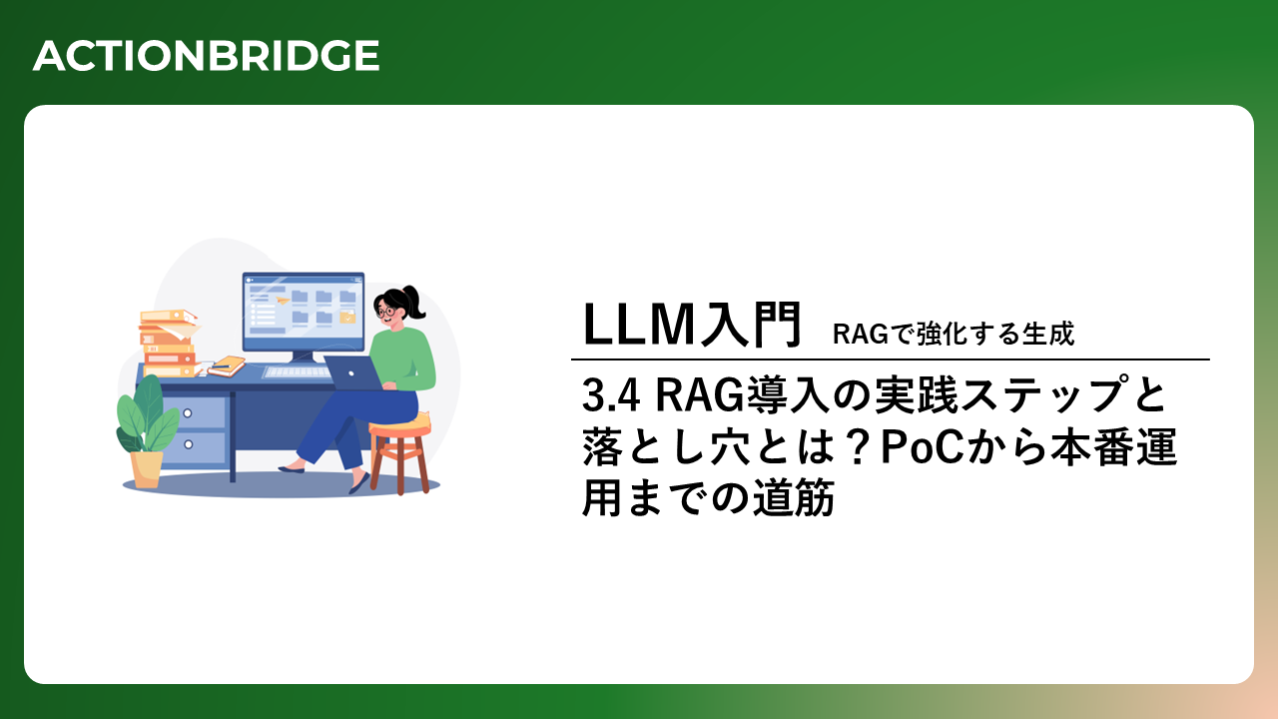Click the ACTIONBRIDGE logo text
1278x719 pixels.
(207, 56)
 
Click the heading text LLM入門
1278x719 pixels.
(692, 325)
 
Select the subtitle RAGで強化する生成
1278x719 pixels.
(954, 334)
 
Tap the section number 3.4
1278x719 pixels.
(610, 394)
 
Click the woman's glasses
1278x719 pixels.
(385, 312)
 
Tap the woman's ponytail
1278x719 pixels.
(414, 302)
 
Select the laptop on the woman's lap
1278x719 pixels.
(352, 372)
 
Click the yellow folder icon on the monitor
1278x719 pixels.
(347, 318)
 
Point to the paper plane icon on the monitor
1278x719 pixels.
(282, 300)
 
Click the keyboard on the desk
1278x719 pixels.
(297, 372)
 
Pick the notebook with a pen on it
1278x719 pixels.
(227, 366)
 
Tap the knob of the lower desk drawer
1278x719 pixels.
(188, 444)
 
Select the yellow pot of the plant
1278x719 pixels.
(147, 469)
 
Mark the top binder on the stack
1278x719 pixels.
(169, 316)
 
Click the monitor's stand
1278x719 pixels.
(303, 358)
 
